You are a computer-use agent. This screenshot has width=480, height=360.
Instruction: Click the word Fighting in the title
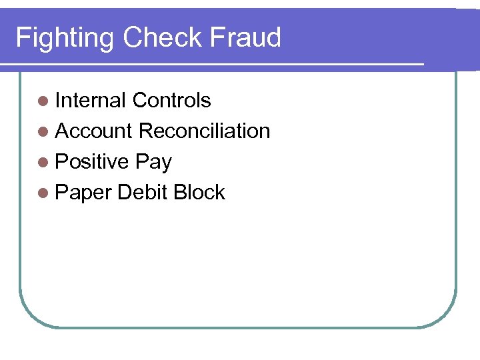(x=65, y=39)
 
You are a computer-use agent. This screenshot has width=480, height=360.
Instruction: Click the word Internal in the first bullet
(x=91, y=101)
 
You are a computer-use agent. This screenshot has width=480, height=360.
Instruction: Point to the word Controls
(x=171, y=101)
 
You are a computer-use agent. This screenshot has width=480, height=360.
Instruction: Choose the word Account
(x=94, y=131)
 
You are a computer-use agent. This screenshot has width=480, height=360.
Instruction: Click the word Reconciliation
(x=204, y=131)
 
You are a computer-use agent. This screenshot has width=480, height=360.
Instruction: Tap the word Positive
(x=92, y=162)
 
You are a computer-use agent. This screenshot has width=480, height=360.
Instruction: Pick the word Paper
(x=83, y=193)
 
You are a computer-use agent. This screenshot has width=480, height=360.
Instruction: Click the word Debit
(x=142, y=193)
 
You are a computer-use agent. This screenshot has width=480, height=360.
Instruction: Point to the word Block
(x=199, y=193)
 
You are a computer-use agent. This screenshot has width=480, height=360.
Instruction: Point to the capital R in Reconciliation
(x=145, y=131)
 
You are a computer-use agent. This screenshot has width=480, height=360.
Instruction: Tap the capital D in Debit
(x=123, y=193)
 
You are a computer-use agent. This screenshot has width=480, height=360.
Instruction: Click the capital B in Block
(x=179, y=193)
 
